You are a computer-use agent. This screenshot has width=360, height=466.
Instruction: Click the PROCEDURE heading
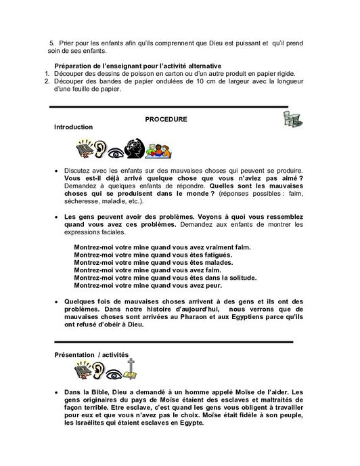point(166,120)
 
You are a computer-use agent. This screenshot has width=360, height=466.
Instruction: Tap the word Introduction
point(74,127)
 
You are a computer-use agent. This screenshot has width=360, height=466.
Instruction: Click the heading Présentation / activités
point(90,354)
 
